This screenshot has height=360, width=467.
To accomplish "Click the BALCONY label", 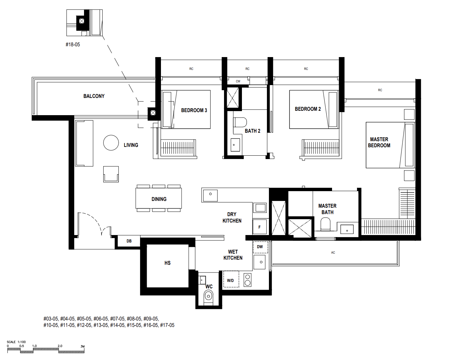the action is pos(94,96).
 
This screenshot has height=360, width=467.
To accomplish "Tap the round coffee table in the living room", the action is pos(111,143).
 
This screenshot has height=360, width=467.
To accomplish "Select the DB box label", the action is pos(129,241).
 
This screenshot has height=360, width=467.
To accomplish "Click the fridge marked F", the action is pos(259,227).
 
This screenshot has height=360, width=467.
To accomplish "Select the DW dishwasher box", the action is pos(260,247).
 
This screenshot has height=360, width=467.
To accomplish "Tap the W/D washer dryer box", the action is pos(231,279).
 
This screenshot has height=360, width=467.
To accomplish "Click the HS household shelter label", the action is pos(167,263).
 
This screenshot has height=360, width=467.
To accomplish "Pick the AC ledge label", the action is pos(333,253).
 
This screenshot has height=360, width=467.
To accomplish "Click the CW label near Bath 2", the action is pos(238,81).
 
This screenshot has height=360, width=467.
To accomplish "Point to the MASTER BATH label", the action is pos(327,209).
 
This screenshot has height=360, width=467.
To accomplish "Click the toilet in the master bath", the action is pos(325,224).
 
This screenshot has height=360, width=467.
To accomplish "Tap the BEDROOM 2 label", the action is pos(308,109).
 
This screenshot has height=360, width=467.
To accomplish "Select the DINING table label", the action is pos(159,199).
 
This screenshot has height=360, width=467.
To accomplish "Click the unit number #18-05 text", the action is pos(73,45).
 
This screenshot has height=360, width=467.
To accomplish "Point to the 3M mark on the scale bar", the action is pos(83,346).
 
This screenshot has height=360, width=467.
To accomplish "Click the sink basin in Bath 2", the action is pos(235,145).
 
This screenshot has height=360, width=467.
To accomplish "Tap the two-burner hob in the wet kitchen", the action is pos(248,280).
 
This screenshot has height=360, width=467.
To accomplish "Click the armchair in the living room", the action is pos(111,174).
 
